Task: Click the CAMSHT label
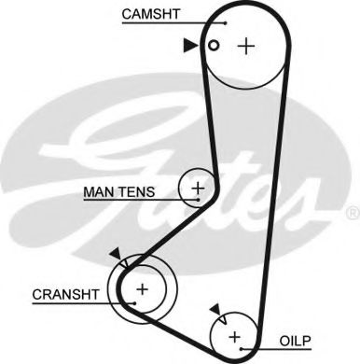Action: coord(151,14)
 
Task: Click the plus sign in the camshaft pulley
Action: coord(246,46)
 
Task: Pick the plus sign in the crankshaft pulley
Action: coord(142,289)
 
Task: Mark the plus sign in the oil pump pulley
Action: coord(234,334)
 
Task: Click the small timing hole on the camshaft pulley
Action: coord(214,45)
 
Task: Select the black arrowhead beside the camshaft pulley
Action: coord(191,44)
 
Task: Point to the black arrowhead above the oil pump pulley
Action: coord(215,308)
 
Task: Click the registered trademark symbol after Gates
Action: coord(352,214)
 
